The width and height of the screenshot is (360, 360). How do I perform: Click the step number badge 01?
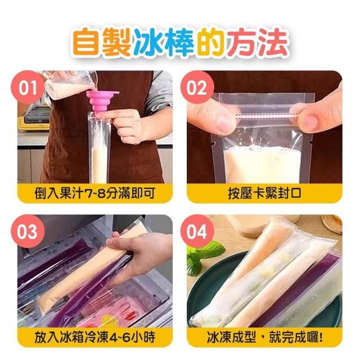tap(28, 88)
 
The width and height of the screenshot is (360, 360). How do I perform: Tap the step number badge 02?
tap(197, 88)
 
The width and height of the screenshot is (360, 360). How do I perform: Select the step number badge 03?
tap(28, 231)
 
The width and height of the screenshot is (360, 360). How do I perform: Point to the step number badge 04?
tap(197, 231)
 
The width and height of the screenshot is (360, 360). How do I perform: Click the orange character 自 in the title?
tap(86, 43)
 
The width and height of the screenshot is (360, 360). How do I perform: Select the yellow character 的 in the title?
tap(211, 43)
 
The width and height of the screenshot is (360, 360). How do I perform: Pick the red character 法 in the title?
tap(272, 43)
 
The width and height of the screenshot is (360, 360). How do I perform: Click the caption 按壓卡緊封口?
tap(264, 193)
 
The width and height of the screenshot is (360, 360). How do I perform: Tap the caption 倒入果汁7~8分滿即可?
tap(95, 193)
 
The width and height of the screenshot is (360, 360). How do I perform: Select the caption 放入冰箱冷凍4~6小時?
tap(95, 337)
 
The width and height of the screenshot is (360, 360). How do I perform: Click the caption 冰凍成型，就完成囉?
tap(264, 337)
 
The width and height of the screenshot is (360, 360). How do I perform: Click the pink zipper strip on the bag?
tap(268, 115)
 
